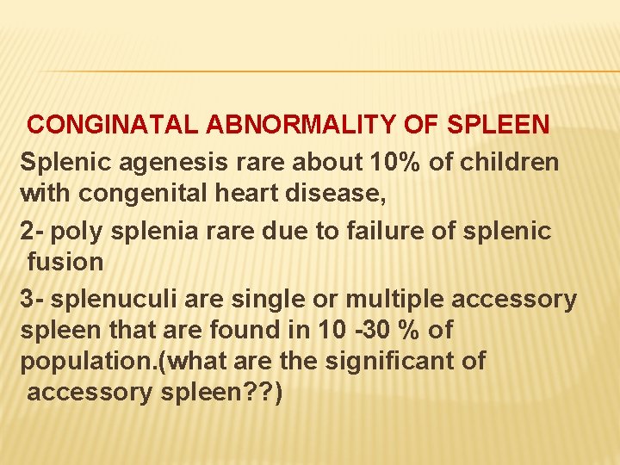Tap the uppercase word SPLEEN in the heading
point(499,124)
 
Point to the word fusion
point(65,261)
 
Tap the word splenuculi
point(115,299)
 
